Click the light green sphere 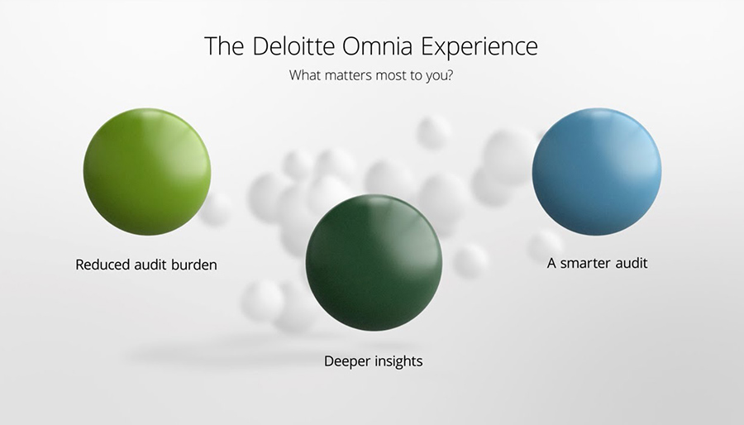[147, 172]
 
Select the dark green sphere [374, 262]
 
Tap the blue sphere [596, 172]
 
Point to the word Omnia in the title [379, 46]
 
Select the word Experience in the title [479, 47]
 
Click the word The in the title [224, 46]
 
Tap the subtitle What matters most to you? [371, 75]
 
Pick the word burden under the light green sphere [194, 265]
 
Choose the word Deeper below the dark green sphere [346, 361]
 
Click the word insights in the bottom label [398, 361]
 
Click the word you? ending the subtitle [439, 76]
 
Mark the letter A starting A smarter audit [551, 263]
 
